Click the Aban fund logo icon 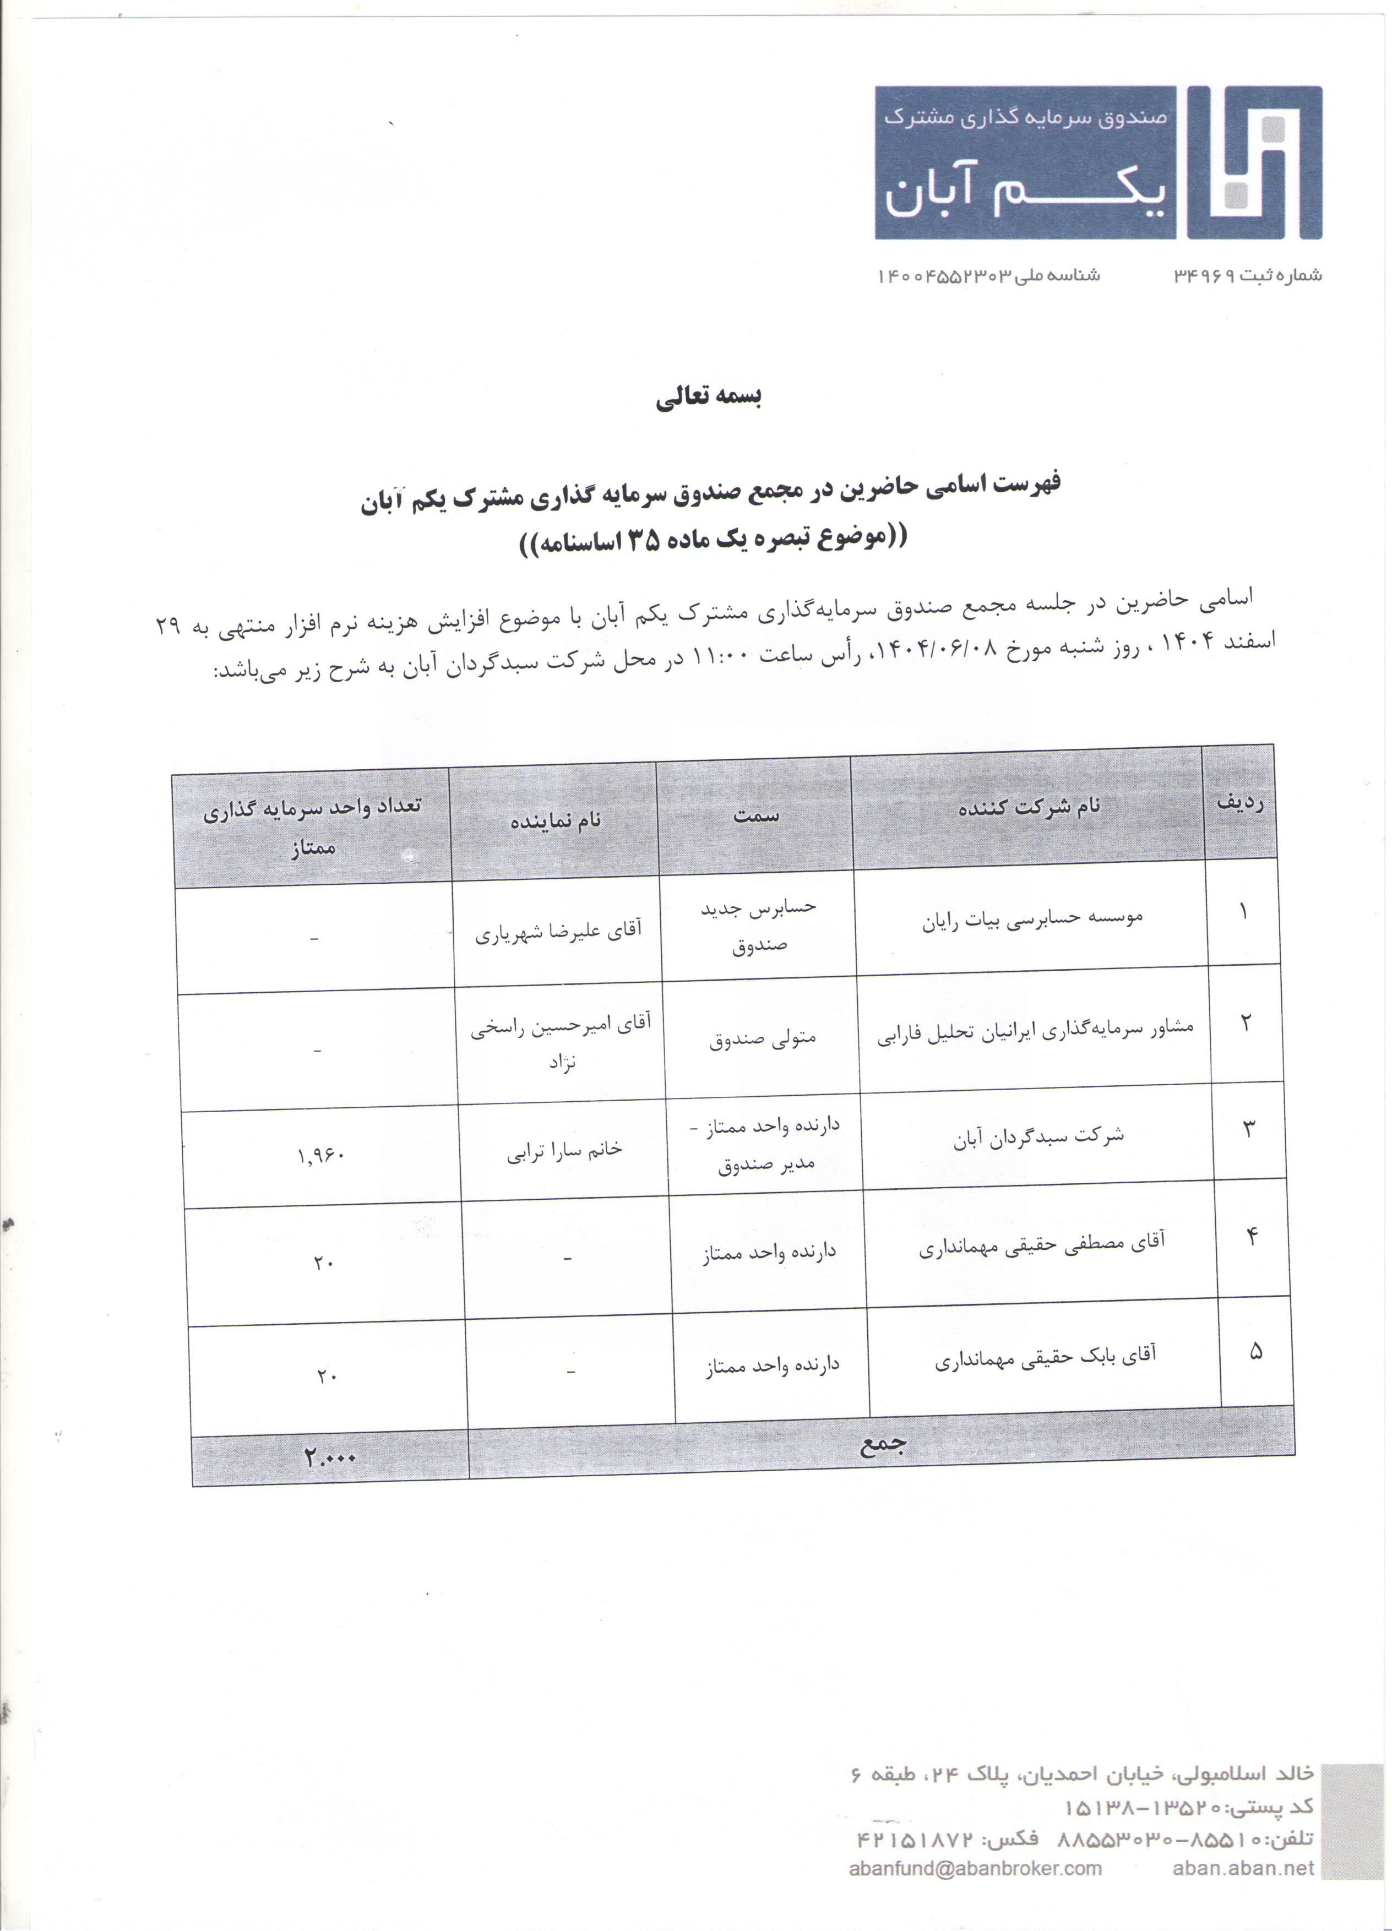pyautogui.click(x=1254, y=162)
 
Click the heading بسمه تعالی pyautogui.click(x=708, y=398)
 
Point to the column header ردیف pyautogui.click(x=1239, y=802)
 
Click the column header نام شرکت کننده pyautogui.click(x=1029, y=806)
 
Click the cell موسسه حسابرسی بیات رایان pyautogui.click(x=1032, y=918)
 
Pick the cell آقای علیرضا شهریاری pyautogui.click(x=558, y=932)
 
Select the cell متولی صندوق pyautogui.click(x=763, y=1038)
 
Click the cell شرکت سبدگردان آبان pyautogui.click(x=1038, y=1136)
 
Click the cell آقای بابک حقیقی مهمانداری pyautogui.click(x=1046, y=1359)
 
